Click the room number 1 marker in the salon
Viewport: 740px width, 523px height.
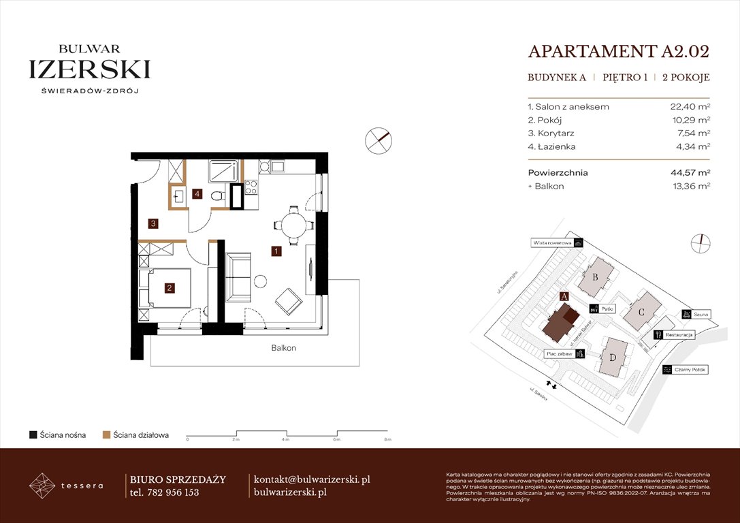coord(276,251)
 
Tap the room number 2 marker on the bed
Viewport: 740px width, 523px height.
coord(169,288)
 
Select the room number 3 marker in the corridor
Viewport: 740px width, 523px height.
coord(155,223)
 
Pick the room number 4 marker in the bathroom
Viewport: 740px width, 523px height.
coord(197,194)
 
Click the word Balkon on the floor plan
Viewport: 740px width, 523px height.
coord(283,348)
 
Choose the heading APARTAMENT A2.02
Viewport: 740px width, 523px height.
coord(618,52)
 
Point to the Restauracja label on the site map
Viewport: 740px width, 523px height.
coord(679,335)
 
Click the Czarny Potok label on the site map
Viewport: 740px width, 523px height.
coord(690,370)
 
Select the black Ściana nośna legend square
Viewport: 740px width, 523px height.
coord(33,434)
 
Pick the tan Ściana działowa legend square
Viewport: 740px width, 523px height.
coord(106,434)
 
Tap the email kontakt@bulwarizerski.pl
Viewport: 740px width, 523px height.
coord(311,479)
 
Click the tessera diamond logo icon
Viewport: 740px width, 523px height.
coord(42,486)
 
